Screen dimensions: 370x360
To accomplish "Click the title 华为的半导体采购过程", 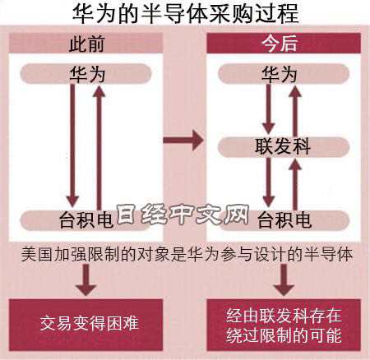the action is point(186,13).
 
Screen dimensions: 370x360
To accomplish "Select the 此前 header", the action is point(86,43).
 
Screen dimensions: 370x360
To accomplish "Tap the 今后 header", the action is point(284,43).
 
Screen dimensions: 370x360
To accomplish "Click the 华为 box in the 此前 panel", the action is point(86,74).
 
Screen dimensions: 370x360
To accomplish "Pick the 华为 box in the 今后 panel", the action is point(284,74).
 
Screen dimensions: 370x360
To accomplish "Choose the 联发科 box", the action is point(284,146).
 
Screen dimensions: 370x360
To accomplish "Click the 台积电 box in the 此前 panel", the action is point(86,220).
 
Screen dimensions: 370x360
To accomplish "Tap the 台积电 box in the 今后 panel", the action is point(284,220).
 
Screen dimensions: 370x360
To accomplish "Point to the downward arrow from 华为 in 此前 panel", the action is point(72,145).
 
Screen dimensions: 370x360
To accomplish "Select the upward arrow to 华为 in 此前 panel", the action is point(99,148).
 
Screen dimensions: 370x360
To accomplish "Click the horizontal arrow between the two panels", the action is point(183,141).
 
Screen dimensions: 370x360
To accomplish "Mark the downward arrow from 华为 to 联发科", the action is point(269,109).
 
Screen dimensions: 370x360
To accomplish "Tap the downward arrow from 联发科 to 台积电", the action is point(269,182).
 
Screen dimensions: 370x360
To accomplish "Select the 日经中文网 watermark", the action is point(183,214).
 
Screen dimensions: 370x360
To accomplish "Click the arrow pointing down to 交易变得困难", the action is point(86,279).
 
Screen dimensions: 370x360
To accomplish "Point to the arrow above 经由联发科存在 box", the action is point(284,279).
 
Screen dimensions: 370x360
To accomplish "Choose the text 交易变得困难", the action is point(90,323).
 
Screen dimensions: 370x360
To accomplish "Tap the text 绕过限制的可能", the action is point(284,335).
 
